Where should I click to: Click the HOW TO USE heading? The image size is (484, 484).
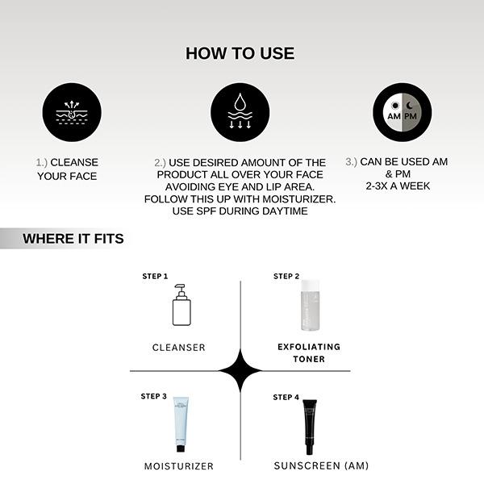click(240, 54)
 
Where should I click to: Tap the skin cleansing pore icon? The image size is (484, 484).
click(71, 112)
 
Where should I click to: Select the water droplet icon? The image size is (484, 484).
click(240, 112)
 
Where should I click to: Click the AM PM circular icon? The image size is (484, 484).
click(402, 112)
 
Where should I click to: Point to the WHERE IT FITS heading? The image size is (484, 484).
click(73, 239)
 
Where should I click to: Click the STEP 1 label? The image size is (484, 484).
click(155, 277)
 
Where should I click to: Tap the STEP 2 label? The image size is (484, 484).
click(286, 277)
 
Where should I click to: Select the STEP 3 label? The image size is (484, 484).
click(154, 396)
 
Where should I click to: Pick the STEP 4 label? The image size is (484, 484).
click(286, 397)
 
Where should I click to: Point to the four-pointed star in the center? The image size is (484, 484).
click(240, 371)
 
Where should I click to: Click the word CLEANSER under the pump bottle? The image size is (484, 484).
click(179, 348)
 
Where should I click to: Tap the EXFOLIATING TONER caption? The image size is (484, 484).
click(310, 353)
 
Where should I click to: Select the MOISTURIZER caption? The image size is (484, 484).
click(179, 466)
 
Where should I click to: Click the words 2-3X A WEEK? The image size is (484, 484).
click(396, 186)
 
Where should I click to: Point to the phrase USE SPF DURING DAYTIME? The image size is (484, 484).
click(240, 211)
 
